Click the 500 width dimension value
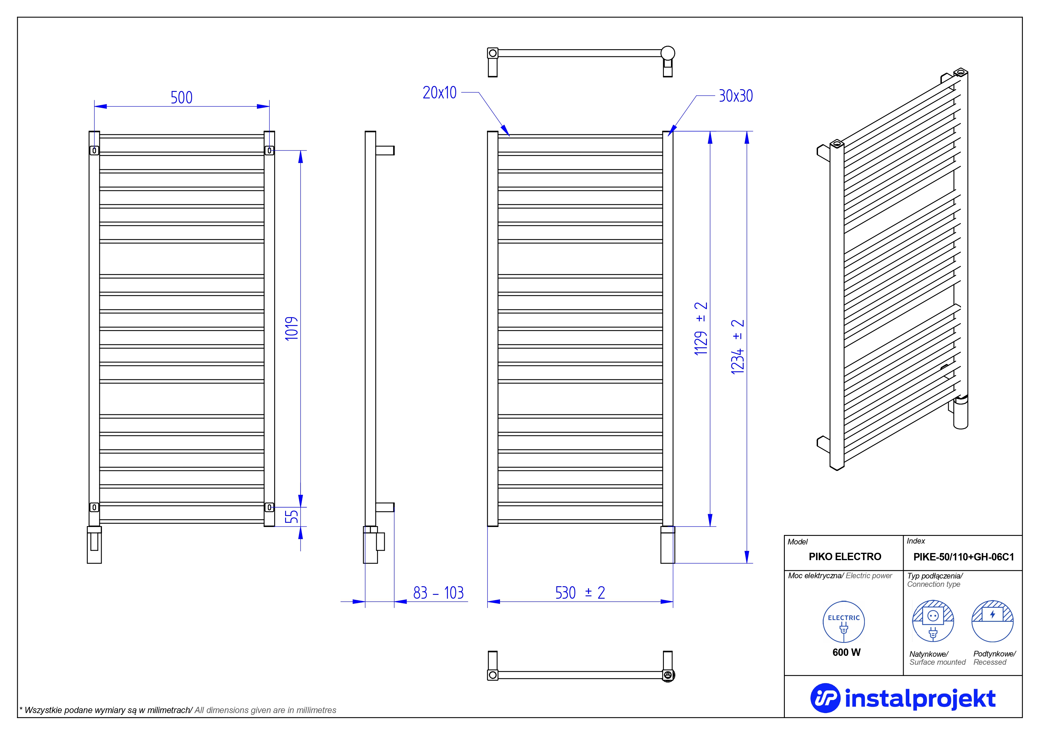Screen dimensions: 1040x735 (182, 98)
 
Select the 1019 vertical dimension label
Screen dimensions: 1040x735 (292, 328)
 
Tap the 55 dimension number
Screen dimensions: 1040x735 (292, 517)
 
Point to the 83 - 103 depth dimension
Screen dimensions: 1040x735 (438, 592)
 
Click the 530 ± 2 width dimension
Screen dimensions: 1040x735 (580, 592)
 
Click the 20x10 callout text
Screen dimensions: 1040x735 (439, 93)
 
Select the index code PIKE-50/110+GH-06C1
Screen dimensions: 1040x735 (964, 557)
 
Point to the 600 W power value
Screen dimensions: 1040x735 (846, 652)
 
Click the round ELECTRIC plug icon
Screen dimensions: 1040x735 (843, 622)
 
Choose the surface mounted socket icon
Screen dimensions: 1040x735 (933, 621)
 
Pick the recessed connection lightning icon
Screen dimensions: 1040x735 (993, 621)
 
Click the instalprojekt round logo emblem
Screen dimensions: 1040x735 (825, 698)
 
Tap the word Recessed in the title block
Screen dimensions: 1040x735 (990, 662)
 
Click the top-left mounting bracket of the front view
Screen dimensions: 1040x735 (94, 150)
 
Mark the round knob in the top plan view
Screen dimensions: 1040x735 (668, 53)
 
